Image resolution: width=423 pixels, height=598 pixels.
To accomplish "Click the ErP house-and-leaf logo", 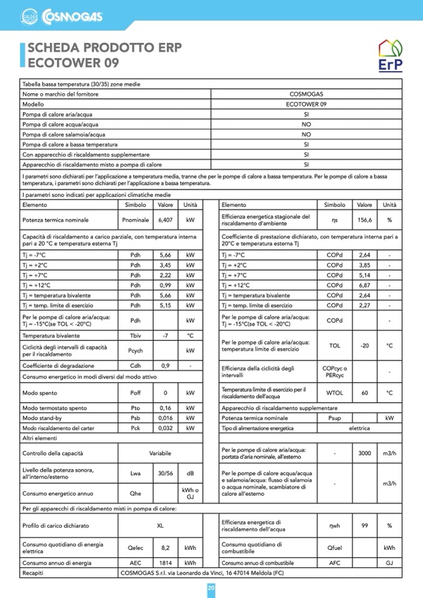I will point(390,57).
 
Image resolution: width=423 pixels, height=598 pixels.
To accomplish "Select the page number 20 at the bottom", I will point(211,588).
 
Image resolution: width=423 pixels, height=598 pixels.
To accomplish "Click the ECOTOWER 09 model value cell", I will point(306,104).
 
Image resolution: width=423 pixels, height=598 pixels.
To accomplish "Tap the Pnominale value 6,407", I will point(165,220).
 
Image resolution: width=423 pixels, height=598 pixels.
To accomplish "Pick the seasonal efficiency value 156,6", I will point(365,220).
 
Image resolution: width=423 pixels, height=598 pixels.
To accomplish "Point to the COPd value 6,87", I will point(365,285).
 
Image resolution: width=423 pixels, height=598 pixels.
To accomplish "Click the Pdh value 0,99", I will point(165,285).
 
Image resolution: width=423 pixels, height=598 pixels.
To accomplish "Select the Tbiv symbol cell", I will point(135,335).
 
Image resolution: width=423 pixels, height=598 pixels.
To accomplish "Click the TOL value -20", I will point(365,345).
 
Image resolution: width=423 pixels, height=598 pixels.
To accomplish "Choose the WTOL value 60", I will point(365,393).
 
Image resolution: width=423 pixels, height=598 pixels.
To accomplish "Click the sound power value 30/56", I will point(165,473).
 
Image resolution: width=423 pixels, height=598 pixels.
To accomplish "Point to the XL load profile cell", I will point(160,525).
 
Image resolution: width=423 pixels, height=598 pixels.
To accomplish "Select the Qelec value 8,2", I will point(165,548).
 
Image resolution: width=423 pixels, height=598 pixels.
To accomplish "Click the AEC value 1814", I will point(165,562).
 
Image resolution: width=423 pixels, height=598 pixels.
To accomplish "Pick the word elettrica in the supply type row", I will point(359,428).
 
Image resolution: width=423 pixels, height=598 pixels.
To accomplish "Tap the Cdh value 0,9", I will point(165,365).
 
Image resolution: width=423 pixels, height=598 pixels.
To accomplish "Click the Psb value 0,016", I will point(165,418).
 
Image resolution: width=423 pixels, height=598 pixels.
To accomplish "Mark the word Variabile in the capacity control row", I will point(160,453).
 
